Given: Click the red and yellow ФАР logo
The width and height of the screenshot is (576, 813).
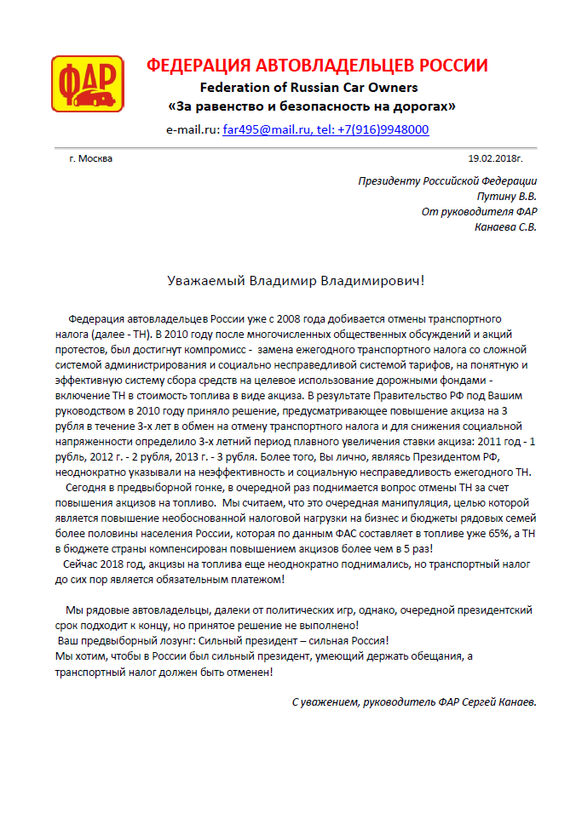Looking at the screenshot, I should [x=87, y=83].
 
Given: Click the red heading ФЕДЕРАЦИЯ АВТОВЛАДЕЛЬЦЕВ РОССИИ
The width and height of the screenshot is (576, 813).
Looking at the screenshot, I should [x=317, y=66].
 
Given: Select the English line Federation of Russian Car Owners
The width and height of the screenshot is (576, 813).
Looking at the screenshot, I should [x=308, y=88].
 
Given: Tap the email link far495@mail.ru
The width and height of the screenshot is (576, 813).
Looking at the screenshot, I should [x=259, y=130].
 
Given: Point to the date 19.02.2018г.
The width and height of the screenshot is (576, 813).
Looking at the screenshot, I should [x=495, y=158].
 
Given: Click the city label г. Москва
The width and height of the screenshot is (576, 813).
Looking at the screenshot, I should [x=90, y=158].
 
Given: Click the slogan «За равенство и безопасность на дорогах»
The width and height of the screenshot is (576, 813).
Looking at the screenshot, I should [x=311, y=107].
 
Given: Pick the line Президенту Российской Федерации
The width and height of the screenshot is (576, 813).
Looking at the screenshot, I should [x=447, y=180].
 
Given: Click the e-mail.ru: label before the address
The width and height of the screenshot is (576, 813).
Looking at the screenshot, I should [x=193, y=130].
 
